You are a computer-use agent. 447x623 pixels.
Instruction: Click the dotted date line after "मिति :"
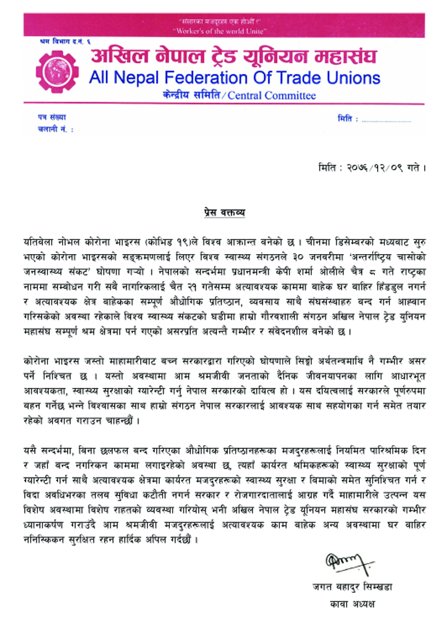(387, 119)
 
